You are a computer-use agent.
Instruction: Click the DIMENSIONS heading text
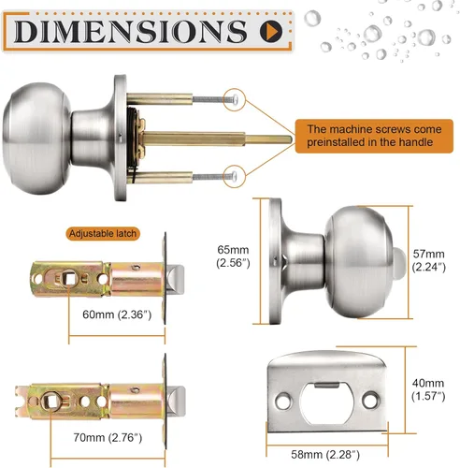131,31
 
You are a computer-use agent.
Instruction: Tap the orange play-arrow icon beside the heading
271,31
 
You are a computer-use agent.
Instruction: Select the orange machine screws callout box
374,136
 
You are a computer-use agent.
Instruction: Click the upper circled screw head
235,99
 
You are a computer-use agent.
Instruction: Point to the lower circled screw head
235,177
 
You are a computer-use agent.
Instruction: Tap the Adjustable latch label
103,234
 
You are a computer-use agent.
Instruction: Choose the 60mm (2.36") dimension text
117,314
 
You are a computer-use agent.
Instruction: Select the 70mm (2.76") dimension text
108,438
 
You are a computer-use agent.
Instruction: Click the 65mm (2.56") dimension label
233,256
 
